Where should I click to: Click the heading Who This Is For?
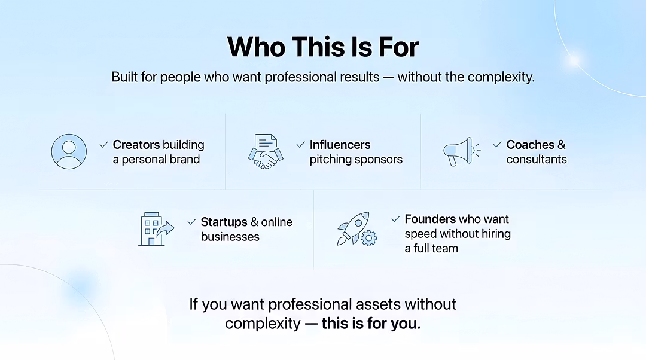click(x=323, y=47)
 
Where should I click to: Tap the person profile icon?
click(x=69, y=151)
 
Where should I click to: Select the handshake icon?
click(x=266, y=151)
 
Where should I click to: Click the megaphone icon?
click(x=461, y=151)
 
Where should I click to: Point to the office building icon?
click(x=156, y=229)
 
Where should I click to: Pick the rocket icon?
click(x=354, y=228)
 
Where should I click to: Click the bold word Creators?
click(x=136, y=145)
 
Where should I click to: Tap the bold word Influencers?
click(x=340, y=145)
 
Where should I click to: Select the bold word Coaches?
click(x=530, y=145)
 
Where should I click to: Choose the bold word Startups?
click(x=224, y=222)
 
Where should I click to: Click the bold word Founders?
click(x=430, y=219)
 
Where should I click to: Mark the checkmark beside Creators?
click(x=104, y=145)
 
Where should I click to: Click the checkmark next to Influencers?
click(x=301, y=145)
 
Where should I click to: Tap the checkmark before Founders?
click(x=395, y=219)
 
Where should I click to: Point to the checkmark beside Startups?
click(x=191, y=222)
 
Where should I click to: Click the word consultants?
click(x=537, y=160)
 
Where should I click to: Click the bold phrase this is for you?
click(x=371, y=324)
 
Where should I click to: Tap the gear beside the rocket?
click(x=368, y=238)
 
